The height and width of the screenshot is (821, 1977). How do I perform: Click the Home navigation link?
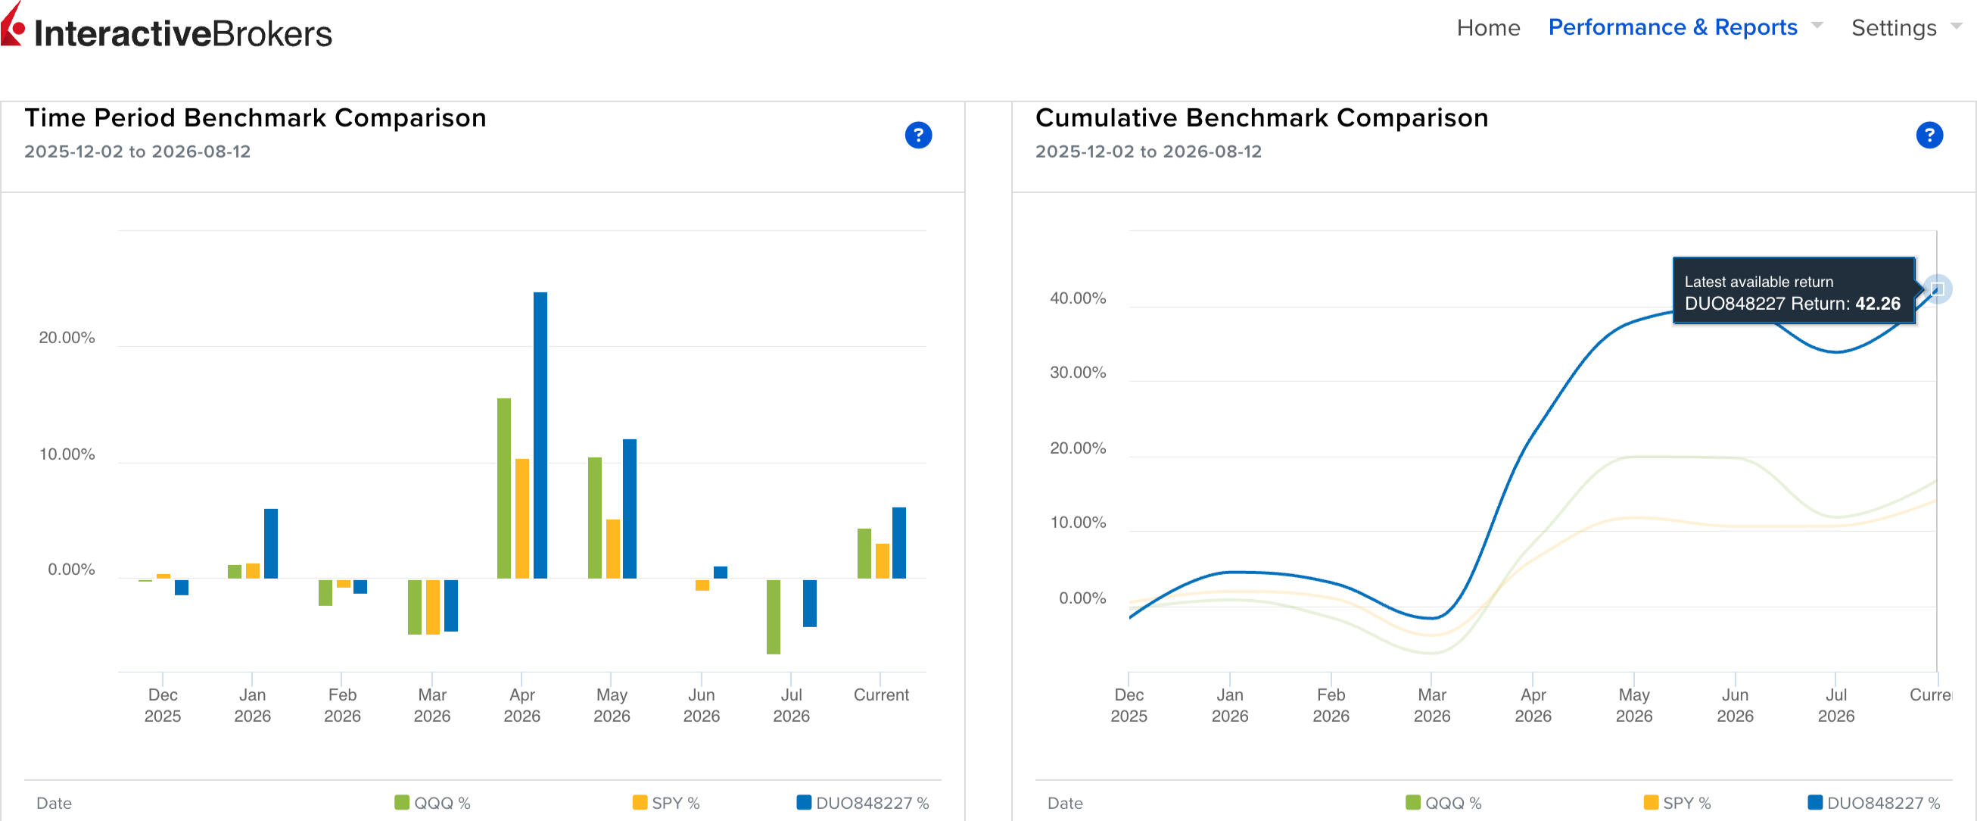click(1487, 28)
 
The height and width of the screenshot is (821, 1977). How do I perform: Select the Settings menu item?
click(1893, 28)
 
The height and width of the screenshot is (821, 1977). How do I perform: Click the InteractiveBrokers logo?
click(167, 30)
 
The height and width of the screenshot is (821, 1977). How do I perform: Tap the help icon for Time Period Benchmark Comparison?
click(918, 135)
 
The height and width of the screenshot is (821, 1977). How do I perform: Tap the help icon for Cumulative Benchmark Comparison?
click(1929, 135)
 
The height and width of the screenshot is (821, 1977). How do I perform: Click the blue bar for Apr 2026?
click(540, 435)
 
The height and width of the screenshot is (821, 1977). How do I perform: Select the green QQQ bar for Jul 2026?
click(773, 617)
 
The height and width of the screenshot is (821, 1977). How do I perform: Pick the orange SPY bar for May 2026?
click(612, 549)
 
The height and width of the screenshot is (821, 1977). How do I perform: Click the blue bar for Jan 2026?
click(270, 543)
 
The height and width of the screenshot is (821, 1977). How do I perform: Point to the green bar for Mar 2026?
click(415, 607)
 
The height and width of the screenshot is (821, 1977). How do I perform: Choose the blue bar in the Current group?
click(898, 542)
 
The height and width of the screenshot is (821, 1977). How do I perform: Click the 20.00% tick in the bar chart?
click(67, 338)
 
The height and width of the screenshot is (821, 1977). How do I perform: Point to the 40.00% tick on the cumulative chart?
click(1078, 298)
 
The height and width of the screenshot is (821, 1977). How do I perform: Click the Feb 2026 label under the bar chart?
click(342, 705)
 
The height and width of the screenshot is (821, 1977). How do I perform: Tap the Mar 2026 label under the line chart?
click(1432, 705)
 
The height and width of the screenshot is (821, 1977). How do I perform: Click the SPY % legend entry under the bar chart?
click(666, 803)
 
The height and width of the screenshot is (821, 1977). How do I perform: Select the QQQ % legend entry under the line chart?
click(1443, 803)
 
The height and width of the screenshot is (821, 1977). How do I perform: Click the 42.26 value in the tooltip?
click(1877, 304)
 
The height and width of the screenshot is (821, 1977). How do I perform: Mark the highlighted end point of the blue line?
click(1936, 289)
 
